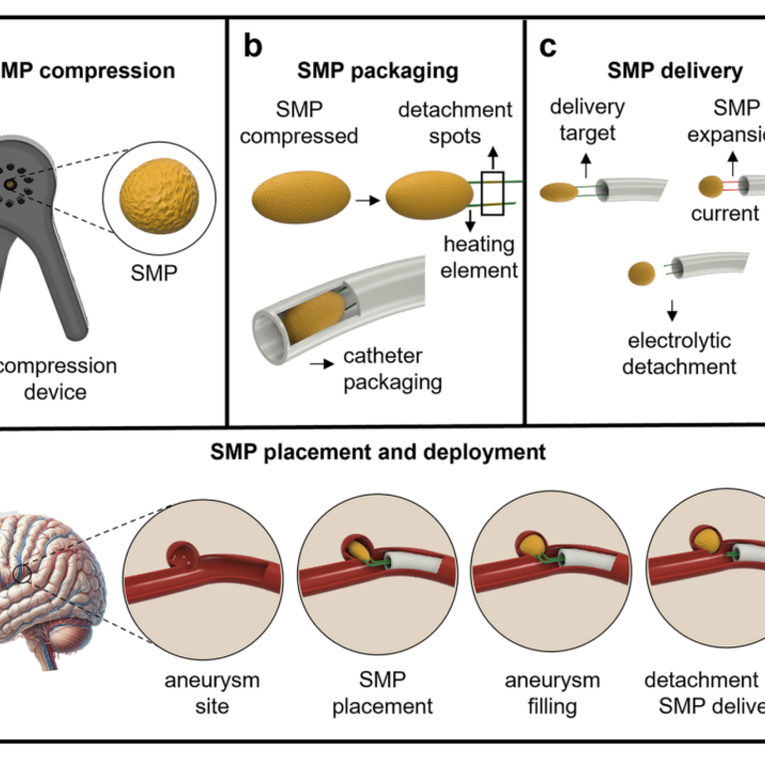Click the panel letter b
(253, 46)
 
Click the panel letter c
(549, 46)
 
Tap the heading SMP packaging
(378, 72)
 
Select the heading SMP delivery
(675, 72)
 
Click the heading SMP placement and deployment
(378, 452)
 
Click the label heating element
(482, 258)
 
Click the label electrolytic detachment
(679, 353)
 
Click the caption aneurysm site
(211, 693)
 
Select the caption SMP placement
(383, 693)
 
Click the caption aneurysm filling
(553, 693)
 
